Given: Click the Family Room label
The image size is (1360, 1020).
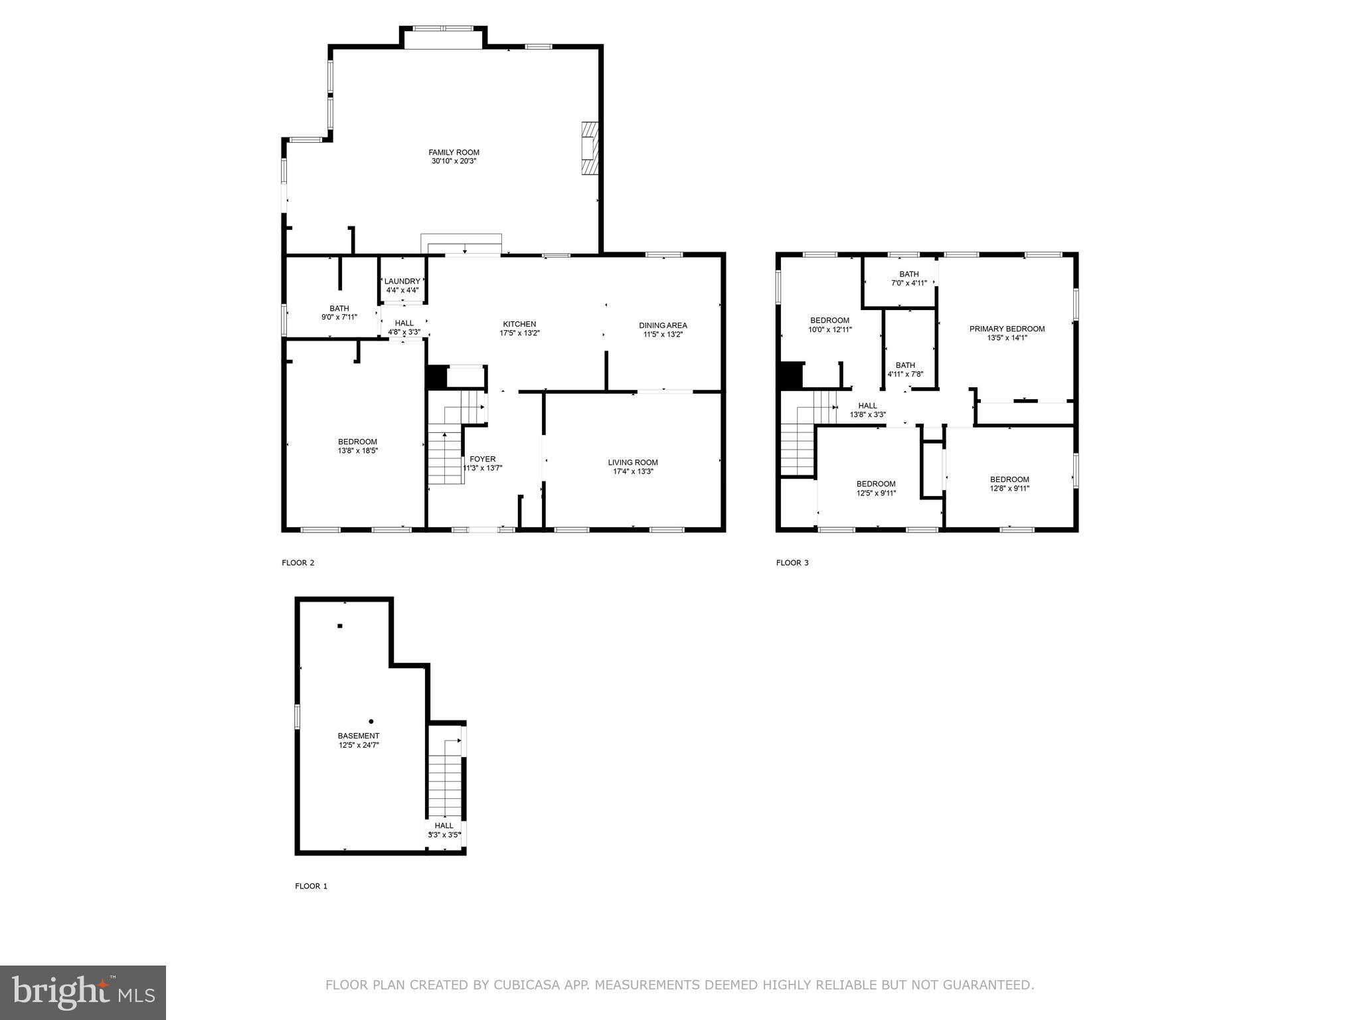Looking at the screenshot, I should point(454,153).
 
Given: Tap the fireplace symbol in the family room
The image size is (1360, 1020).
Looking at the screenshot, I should point(590,148).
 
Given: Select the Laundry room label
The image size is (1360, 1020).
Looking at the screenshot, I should point(402,282).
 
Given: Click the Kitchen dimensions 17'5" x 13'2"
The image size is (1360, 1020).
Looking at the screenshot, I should point(519,333).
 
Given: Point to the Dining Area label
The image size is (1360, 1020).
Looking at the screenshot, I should point(663,325).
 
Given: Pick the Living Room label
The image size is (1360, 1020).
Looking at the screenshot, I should point(632,463).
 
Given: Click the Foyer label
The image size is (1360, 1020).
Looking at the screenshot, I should point(482,459).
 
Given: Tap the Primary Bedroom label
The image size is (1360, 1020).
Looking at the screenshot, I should point(1007,329).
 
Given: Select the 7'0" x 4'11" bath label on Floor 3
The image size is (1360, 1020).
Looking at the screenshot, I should point(908,283).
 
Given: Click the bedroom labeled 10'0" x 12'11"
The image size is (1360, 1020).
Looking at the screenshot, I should point(829,325).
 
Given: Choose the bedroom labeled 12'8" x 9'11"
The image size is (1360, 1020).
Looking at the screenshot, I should point(1009,484).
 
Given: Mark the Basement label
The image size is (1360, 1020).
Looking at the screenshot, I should point(359,736).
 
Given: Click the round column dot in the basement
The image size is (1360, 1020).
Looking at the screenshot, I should point(371,721).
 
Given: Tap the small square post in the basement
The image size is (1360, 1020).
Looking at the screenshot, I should point(340,626).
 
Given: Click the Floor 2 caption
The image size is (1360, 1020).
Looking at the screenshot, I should point(297,562).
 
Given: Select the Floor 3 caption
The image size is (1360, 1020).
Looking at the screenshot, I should point(792,562).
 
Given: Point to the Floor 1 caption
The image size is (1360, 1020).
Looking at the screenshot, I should point(311,886).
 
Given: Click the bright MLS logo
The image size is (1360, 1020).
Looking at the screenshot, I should point(83,993).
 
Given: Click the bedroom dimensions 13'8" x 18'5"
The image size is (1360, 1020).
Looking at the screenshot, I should point(357,451).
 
